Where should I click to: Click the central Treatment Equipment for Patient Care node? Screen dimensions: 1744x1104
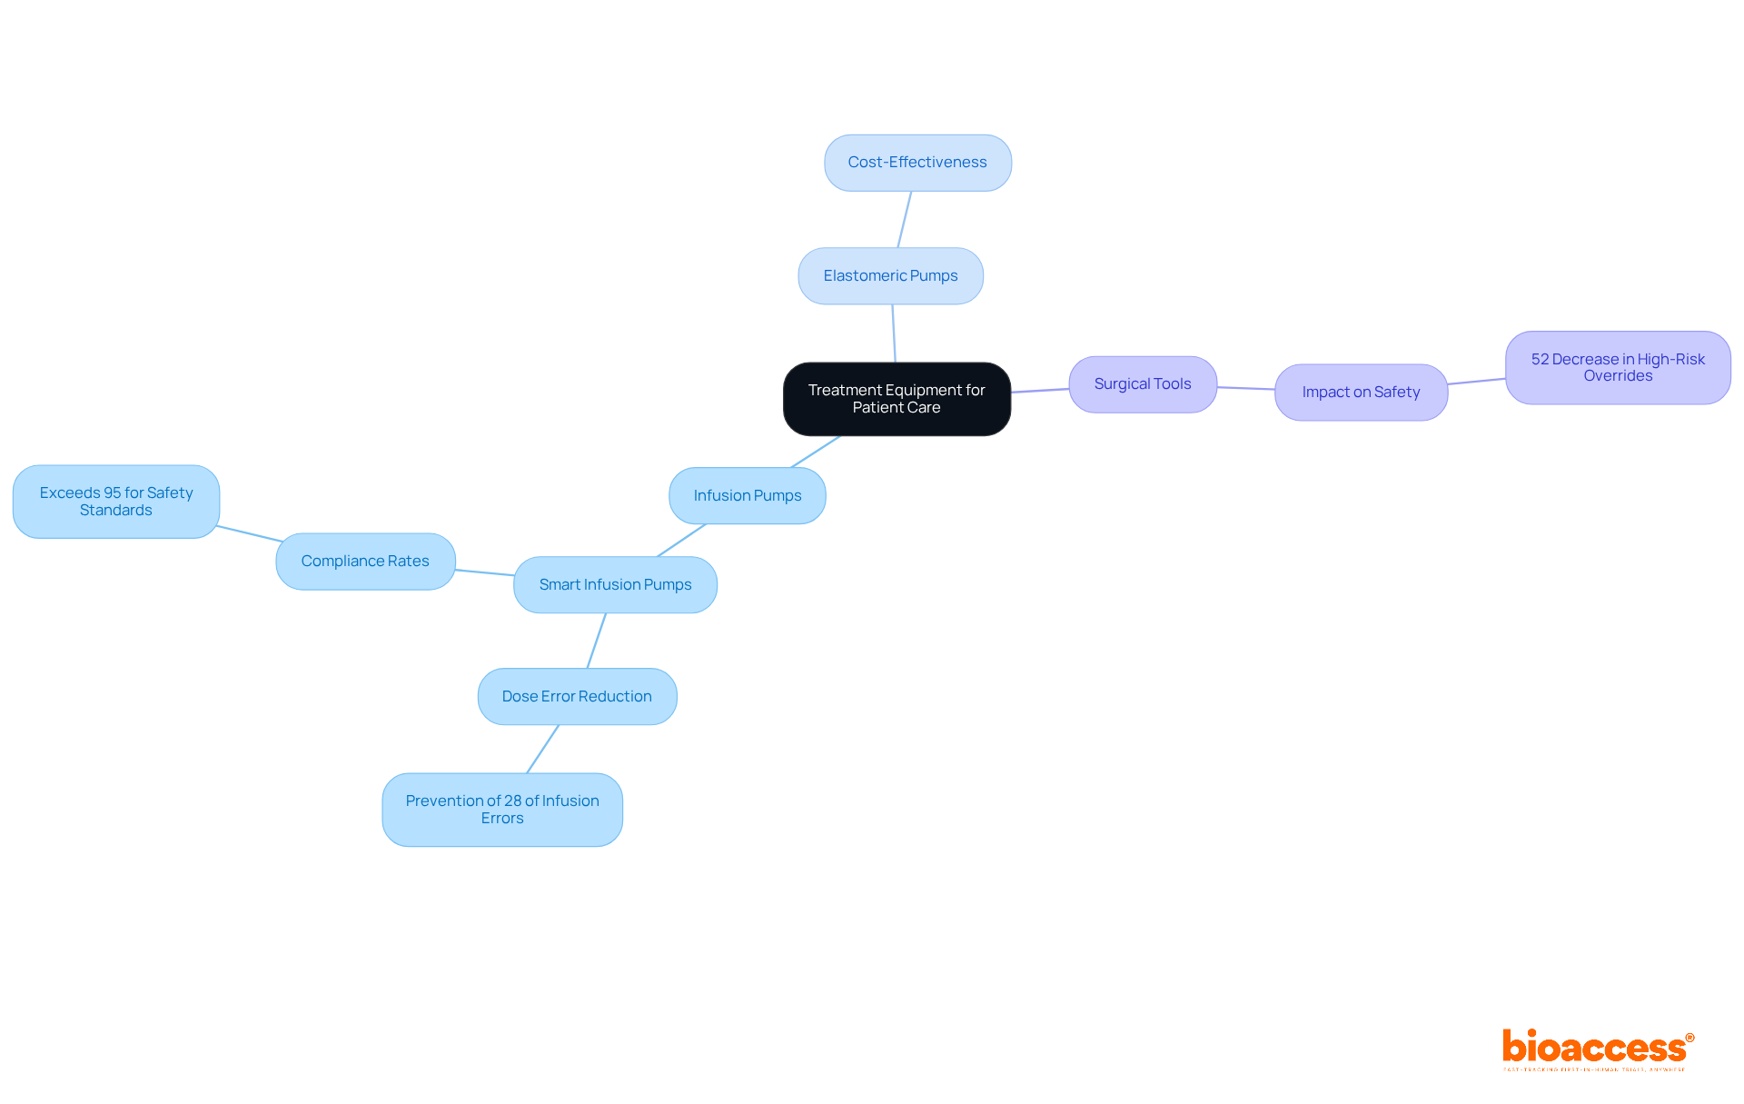point(897,399)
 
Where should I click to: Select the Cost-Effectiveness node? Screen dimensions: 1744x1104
point(917,163)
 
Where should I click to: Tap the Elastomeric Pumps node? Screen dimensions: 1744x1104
point(890,276)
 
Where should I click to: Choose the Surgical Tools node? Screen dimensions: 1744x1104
point(1142,384)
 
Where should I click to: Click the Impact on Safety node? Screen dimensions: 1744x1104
point(1360,393)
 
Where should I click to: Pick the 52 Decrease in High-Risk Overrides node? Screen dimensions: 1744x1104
point(1617,368)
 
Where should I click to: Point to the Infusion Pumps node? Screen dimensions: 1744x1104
point(747,496)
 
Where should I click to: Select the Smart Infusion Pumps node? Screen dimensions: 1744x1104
point(615,585)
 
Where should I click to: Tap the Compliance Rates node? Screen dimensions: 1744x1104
point(365,562)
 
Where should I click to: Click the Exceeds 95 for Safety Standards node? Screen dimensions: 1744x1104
point(116,502)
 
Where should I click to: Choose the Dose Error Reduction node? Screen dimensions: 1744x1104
point(577,697)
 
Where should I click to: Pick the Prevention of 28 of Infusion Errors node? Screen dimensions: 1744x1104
point(502,810)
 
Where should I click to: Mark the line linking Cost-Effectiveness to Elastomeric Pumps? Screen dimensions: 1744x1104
point(905,219)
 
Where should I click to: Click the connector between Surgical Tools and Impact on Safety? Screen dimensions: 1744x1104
point(1245,388)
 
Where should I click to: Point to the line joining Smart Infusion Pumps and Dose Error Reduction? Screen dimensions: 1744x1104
point(597,641)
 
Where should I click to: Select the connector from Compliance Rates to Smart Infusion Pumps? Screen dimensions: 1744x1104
point(484,572)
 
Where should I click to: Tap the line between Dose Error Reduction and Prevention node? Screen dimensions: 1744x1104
point(543,749)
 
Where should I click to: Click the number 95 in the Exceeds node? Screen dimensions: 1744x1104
point(113,492)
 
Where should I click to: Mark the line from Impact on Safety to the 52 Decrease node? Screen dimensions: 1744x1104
point(1476,382)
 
